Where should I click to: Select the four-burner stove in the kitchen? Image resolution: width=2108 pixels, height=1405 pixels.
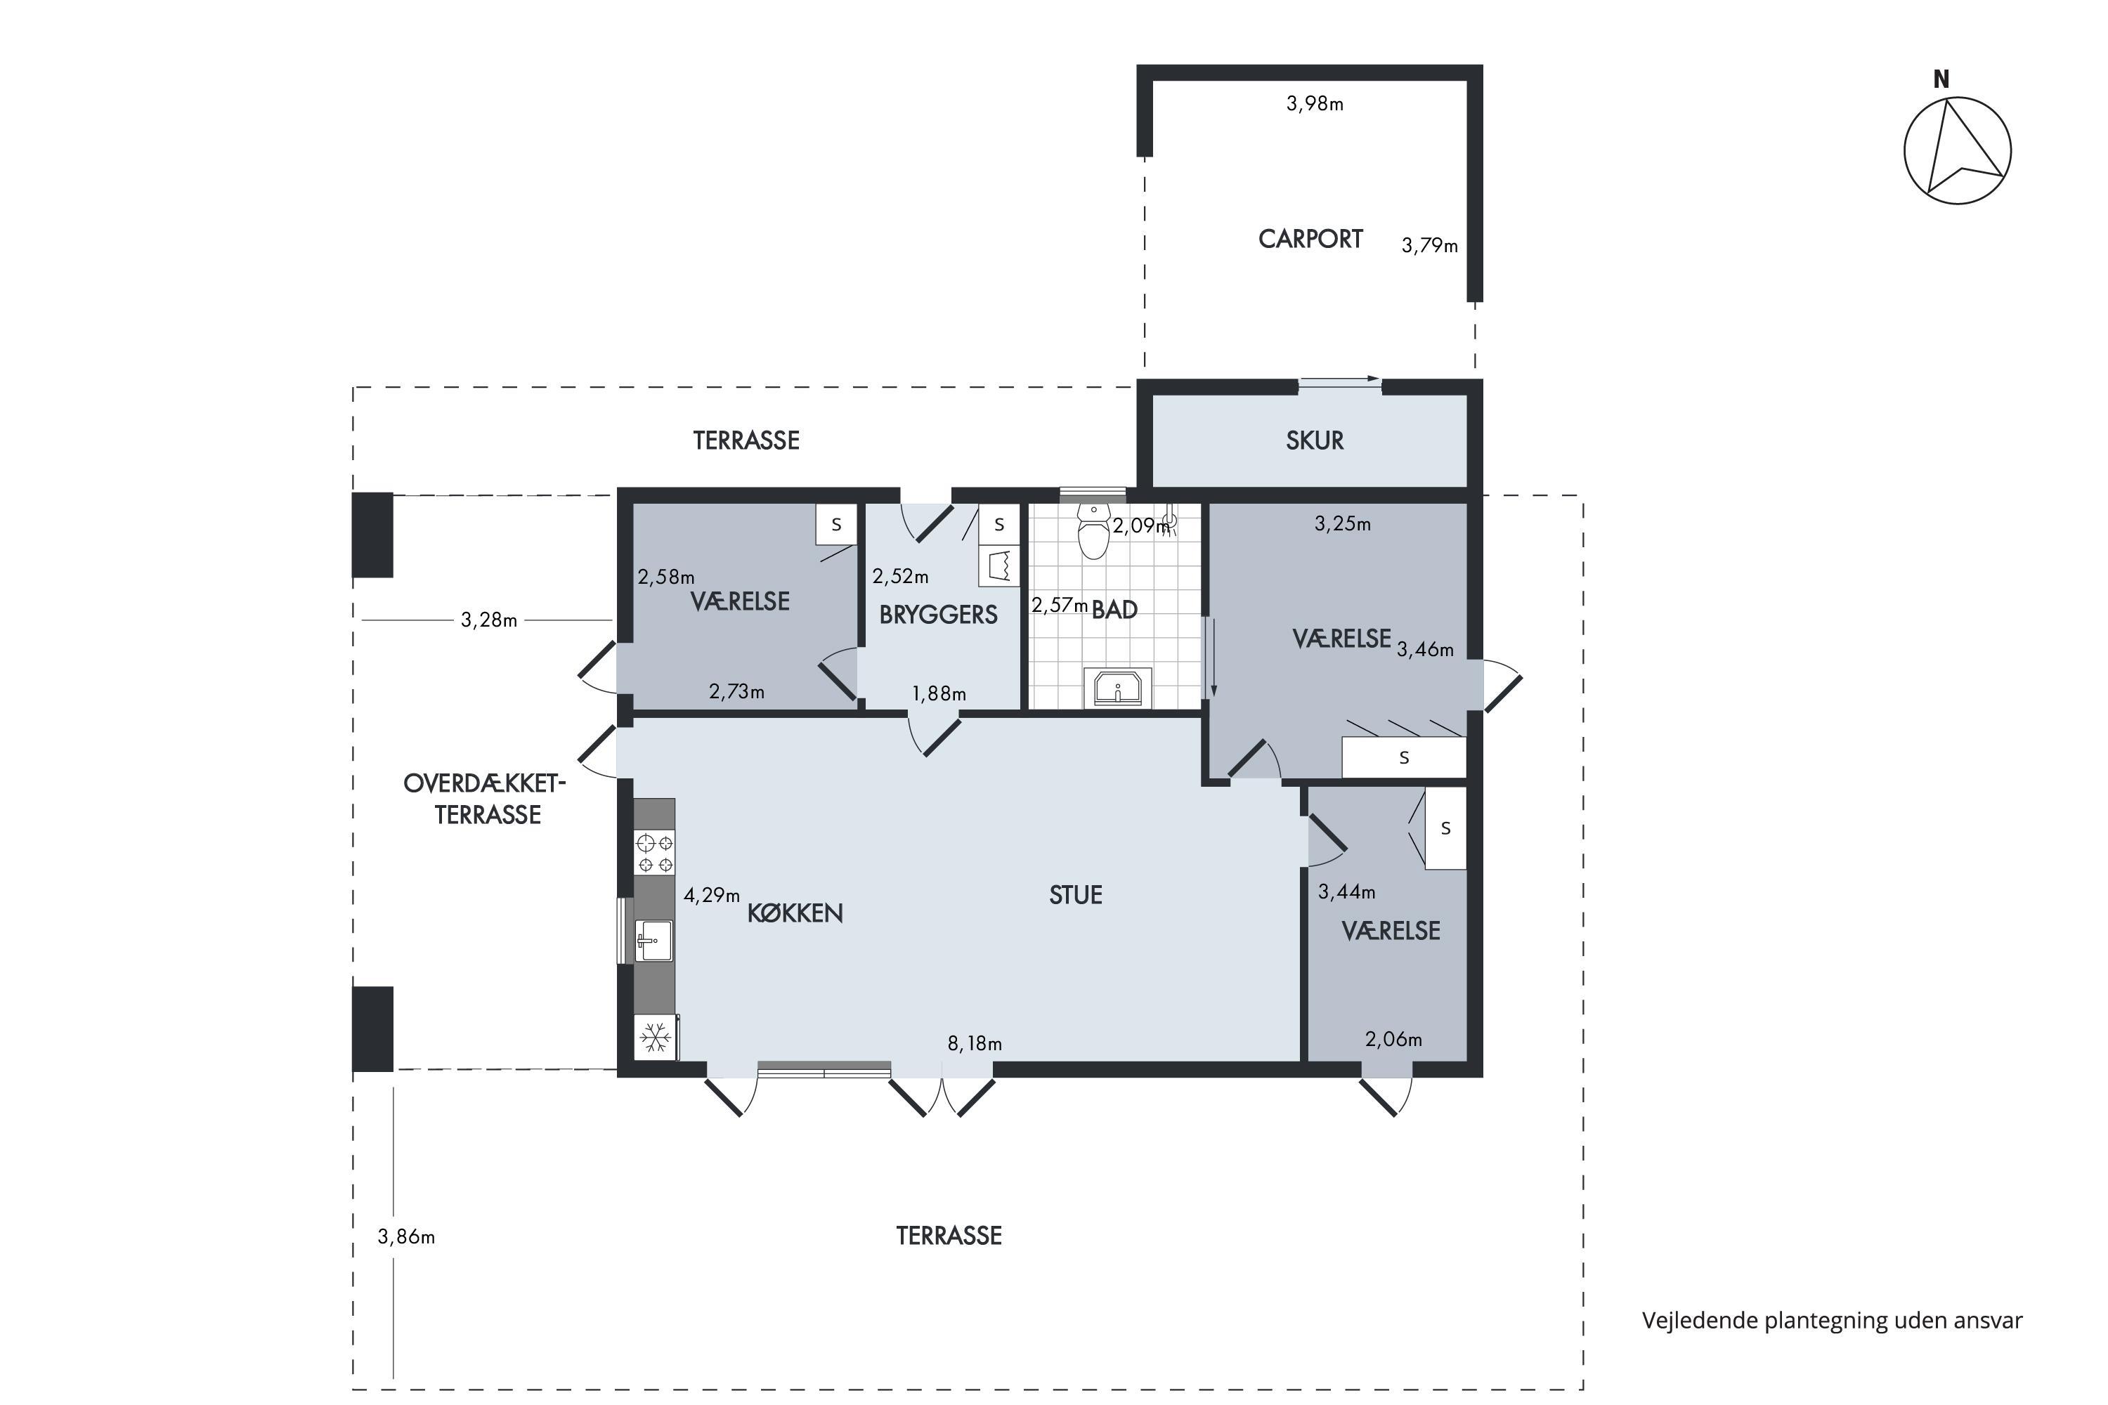654,852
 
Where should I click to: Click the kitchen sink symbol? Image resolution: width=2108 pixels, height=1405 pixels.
653,940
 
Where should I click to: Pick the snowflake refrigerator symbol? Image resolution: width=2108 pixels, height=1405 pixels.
655,1038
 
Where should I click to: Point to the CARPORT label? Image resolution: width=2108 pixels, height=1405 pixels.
1310,240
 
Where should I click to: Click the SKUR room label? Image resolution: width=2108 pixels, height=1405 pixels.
1315,441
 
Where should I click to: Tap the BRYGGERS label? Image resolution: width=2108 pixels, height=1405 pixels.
938,615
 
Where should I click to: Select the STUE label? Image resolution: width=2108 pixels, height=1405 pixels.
1076,895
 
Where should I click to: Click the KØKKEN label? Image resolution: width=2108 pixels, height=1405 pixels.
795,913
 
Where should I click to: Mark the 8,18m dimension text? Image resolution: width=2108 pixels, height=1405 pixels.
975,1044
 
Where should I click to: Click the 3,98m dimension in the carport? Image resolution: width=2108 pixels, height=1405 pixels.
1315,104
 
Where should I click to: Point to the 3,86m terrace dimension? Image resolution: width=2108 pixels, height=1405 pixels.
406,1237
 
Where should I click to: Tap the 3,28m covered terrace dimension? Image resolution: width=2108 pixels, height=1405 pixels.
488,620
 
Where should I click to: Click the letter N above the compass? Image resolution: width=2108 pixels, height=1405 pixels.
1941,80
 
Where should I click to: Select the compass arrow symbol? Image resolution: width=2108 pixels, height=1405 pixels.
1958,150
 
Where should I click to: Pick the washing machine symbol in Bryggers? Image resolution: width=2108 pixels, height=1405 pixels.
998,566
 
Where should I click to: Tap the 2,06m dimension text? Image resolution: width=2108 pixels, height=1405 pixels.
1393,1040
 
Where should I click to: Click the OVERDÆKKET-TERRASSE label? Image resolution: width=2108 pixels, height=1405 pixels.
485,799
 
